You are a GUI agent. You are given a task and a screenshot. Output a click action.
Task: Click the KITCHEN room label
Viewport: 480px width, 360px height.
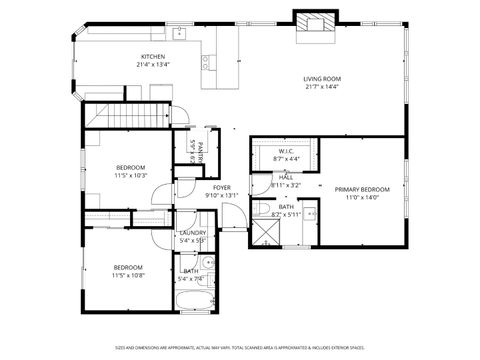click(152, 57)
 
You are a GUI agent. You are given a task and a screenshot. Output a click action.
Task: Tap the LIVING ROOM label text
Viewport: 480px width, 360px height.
click(323, 78)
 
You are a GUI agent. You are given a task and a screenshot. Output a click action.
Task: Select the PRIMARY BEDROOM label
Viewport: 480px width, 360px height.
click(361, 189)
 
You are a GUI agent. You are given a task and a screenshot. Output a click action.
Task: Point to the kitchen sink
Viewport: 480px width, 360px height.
click(181, 36)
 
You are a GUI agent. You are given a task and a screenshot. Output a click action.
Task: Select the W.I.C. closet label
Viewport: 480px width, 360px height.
click(285, 151)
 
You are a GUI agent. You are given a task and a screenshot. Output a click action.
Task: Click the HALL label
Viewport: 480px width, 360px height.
click(286, 177)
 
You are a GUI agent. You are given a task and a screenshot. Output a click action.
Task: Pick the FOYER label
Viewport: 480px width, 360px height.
click(222, 188)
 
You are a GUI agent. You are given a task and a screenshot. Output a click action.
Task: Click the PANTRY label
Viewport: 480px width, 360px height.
click(200, 152)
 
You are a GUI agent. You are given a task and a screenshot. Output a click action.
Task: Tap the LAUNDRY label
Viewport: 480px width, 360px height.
click(192, 233)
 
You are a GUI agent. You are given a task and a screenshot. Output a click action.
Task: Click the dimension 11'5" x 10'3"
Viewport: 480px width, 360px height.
click(131, 175)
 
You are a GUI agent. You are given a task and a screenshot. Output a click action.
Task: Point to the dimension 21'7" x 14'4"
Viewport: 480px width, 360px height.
click(323, 87)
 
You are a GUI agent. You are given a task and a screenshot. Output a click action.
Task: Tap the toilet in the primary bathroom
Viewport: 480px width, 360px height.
click(261, 209)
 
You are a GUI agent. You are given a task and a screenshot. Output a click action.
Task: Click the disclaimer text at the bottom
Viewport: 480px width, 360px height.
click(239, 347)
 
